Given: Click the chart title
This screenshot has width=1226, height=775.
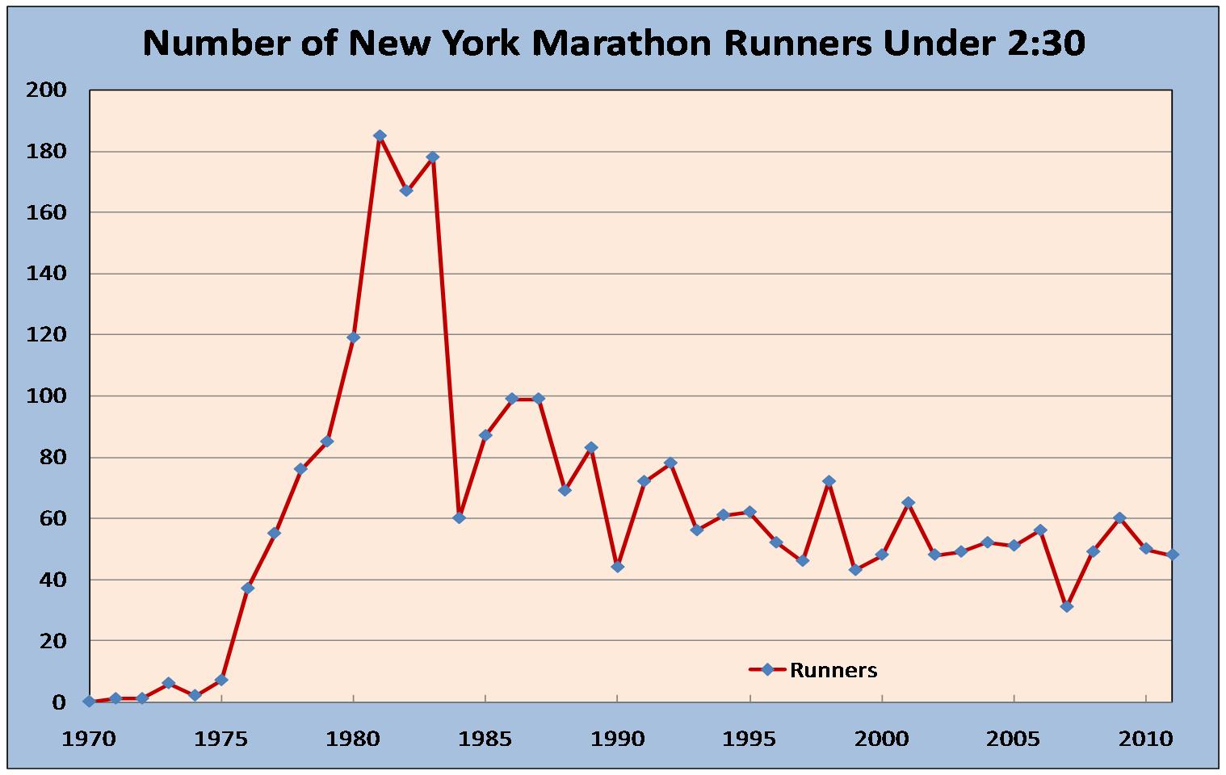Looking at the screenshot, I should [x=614, y=44].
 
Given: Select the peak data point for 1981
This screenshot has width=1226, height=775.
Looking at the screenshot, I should [x=380, y=136].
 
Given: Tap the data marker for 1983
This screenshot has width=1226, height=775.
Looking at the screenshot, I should [x=433, y=157].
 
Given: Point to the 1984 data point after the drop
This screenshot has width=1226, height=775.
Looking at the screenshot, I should [x=459, y=517].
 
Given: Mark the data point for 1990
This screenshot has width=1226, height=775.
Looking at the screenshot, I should [x=618, y=567].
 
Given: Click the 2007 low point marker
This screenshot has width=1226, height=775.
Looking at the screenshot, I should [x=1067, y=606].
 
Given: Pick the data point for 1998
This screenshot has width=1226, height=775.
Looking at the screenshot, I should [x=829, y=481].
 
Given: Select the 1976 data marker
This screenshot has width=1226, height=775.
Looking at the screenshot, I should [x=248, y=588].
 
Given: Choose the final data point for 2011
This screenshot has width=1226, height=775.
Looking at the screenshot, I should [x=1173, y=555].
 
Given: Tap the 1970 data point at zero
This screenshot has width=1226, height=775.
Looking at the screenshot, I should [x=89, y=702].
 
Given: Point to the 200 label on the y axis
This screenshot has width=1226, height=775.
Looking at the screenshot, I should [x=47, y=90].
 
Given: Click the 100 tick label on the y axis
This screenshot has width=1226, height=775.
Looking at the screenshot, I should [x=47, y=396].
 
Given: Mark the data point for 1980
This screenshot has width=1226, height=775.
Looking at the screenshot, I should [x=353, y=337].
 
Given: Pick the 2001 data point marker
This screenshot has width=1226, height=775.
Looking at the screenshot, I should [x=908, y=502].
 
